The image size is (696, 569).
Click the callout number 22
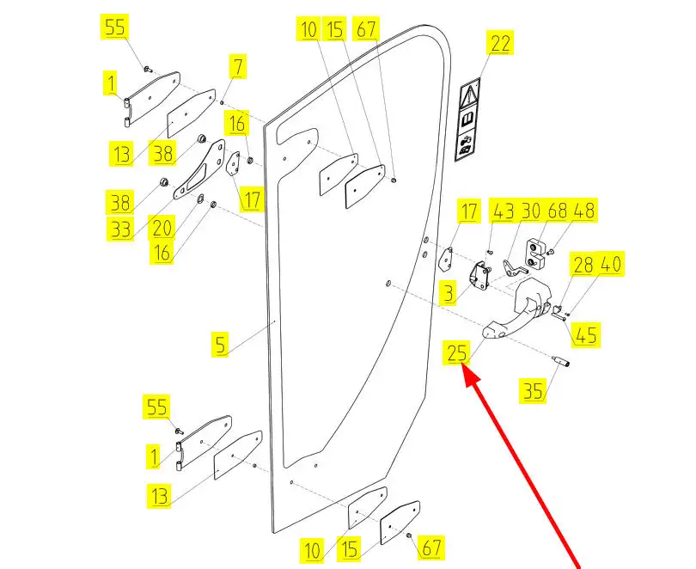[x=501, y=44]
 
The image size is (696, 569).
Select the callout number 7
[x=237, y=66]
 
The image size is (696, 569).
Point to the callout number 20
[x=162, y=228]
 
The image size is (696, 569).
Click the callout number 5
[x=222, y=345]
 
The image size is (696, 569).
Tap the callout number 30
[x=530, y=211]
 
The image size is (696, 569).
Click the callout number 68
[x=558, y=211]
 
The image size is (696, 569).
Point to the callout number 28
[x=583, y=265]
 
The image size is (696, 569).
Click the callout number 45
[x=587, y=333]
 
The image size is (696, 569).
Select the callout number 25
[x=457, y=352]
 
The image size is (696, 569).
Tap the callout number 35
[x=534, y=392]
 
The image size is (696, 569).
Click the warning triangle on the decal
[x=471, y=93]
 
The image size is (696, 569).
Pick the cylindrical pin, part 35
[x=566, y=359]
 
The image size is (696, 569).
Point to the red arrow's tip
[x=466, y=367]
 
